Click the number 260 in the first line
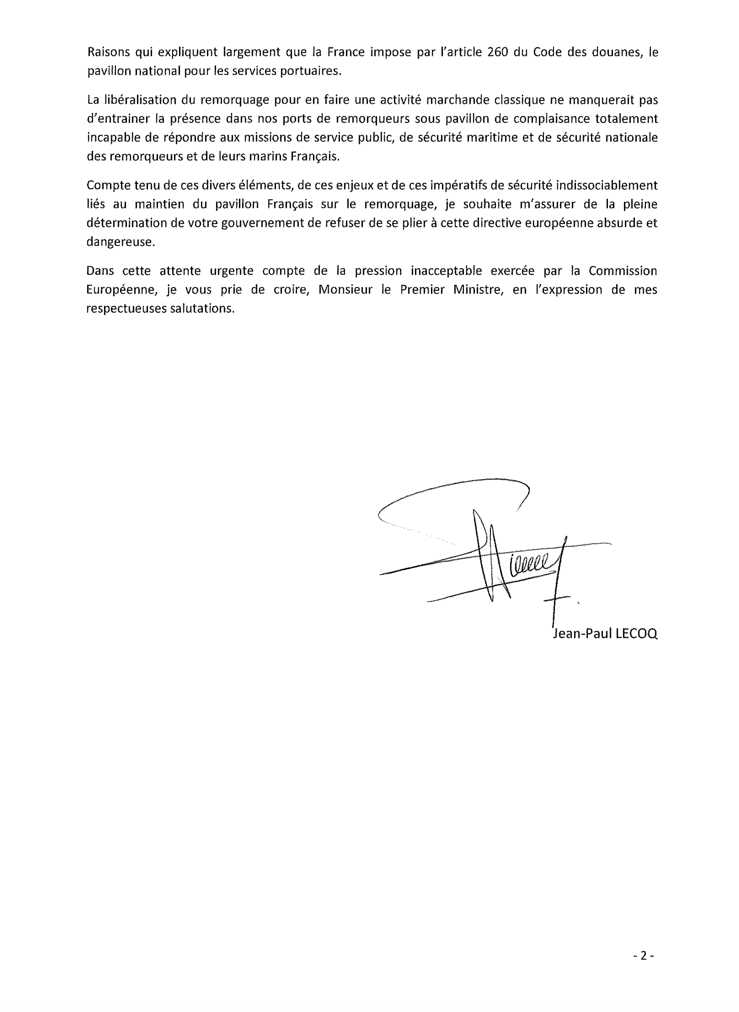pos(498,52)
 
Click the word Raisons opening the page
pos(108,52)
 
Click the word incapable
pos(114,138)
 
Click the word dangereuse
pos(120,242)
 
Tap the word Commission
pos(623,271)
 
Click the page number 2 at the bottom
pos(644,956)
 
